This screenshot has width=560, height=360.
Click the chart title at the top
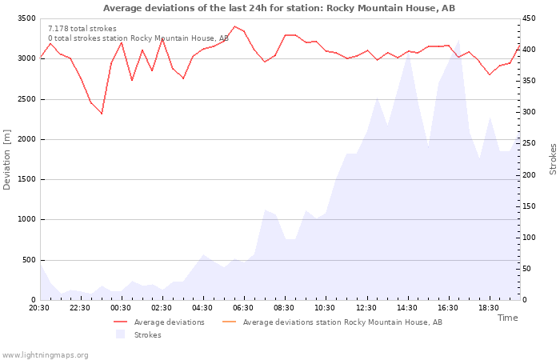279,8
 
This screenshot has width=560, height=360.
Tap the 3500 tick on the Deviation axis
26,18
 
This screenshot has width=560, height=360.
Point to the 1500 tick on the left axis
26,179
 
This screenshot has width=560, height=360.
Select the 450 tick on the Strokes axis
529,18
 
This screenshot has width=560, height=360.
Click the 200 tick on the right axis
529,175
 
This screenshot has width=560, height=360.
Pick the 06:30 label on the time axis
243,308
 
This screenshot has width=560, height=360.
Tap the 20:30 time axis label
39,308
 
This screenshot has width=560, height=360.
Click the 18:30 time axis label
489,308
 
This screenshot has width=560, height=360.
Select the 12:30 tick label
366,308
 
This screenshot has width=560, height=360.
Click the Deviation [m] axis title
6,160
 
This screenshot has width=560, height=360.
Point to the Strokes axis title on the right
553,159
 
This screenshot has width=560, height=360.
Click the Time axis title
507,318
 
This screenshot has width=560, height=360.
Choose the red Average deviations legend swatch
120,322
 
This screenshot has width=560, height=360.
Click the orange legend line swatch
230,322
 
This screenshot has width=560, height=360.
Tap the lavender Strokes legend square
120,334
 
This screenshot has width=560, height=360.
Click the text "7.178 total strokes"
82,29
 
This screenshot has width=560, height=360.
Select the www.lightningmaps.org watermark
45,355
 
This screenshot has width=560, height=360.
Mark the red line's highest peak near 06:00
234,26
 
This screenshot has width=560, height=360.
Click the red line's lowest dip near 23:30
102,114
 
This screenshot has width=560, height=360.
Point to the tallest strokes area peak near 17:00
459,40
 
